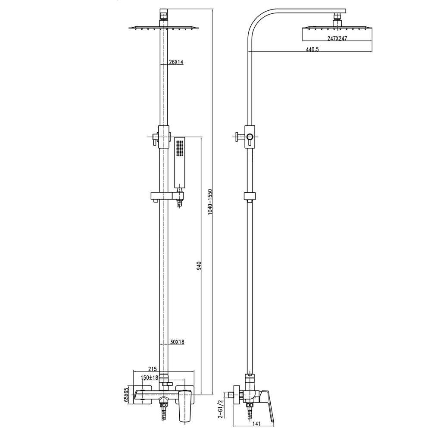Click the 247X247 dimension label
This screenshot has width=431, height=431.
click(x=337, y=38)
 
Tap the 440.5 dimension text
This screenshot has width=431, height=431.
click(x=312, y=50)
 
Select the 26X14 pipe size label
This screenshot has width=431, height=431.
click(x=176, y=62)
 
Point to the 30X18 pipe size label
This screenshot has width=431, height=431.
click(x=176, y=342)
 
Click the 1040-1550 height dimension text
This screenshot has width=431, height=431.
click(x=210, y=202)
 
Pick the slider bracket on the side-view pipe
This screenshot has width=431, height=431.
click(x=249, y=196)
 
